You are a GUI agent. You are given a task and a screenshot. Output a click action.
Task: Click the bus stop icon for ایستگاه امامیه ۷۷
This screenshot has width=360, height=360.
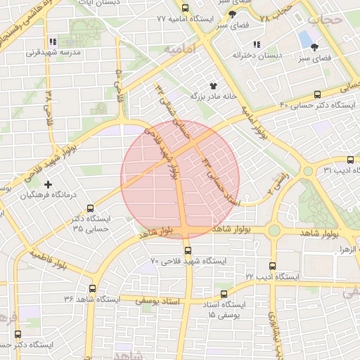coord(185,8)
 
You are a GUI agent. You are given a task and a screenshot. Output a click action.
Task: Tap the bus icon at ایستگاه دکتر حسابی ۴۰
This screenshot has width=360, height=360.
coord(317,94)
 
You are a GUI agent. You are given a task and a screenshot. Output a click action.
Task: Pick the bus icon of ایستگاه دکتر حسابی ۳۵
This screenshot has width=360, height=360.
coord(90,208)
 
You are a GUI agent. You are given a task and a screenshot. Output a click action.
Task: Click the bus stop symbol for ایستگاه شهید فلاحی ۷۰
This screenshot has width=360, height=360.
coord(187,250)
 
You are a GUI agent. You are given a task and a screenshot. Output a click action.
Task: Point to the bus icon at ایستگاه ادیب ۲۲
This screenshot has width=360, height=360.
coord(273,266)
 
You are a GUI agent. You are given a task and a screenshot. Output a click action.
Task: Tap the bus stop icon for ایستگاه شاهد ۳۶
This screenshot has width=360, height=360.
coord(93,288)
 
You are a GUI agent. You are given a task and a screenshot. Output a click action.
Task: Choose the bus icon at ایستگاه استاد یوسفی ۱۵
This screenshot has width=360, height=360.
coord(224,294)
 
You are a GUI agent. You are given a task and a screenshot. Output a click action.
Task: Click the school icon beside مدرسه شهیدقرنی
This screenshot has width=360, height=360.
coord(54,41)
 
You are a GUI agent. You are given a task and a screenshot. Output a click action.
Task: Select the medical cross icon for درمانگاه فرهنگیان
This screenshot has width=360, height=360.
coord(48,184)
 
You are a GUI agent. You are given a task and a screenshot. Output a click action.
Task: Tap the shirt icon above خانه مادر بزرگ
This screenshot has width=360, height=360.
coord(212,84)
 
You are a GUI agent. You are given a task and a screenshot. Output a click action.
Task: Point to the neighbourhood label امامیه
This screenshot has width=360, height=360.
coord(179,50)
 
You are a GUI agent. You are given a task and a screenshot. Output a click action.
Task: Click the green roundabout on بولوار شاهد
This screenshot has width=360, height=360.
coord(274,231)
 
